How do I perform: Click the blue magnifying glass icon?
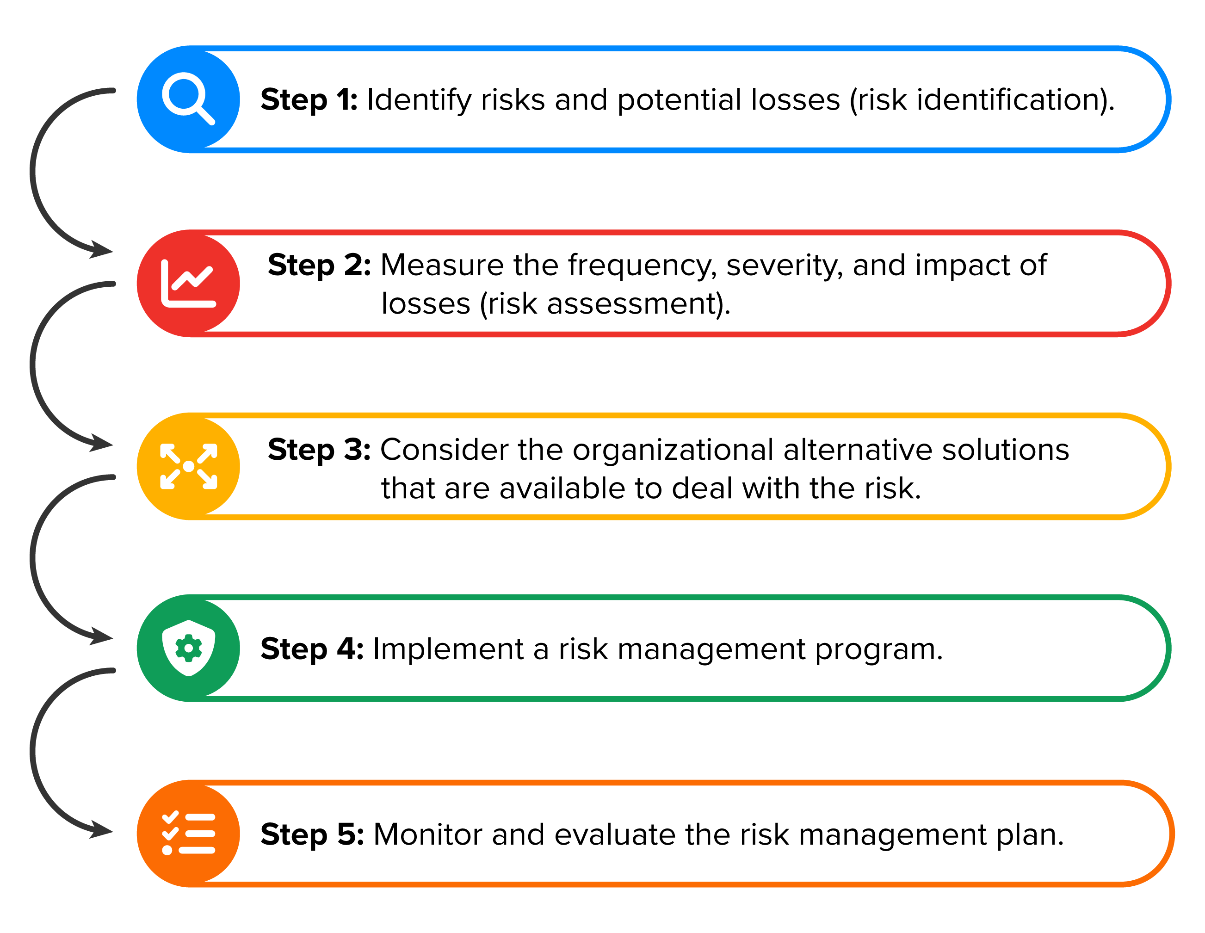coord(188,99)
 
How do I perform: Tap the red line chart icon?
coord(188,283)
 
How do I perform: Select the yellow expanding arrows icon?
coord(188,466)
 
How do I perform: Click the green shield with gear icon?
coord(188,648)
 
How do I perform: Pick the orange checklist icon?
coord(188,833)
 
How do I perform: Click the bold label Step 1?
coord(309,100)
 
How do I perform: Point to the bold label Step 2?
coord(319,266)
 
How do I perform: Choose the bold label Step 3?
coord(319,450)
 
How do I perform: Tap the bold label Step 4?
coord(312,649)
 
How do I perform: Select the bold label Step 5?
coord(312,834)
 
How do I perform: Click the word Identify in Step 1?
coord(419,100)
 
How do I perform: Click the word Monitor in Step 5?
coord(427,834)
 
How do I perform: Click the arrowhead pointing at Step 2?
coord(103,249)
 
